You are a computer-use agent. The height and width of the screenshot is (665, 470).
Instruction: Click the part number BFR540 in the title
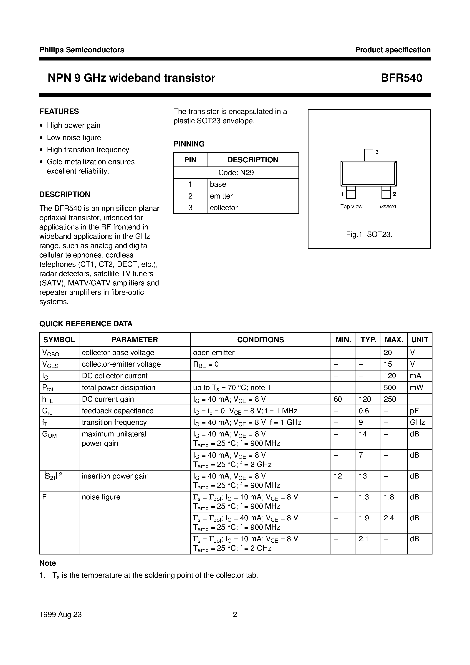click(x=401, y=78)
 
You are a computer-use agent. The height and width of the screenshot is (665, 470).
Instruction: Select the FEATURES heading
click(x=59, y=111)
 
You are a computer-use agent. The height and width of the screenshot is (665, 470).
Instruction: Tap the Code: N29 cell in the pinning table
click(x=236, y=173)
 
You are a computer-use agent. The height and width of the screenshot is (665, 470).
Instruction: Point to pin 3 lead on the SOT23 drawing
click(x=368, y=155)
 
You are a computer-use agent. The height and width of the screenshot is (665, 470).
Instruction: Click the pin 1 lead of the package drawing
click(x=351, y=192)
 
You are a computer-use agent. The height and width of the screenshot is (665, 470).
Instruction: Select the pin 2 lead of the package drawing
click(x=386, y=192)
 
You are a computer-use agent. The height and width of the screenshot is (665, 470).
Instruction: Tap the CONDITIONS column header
click(x=260, y=340)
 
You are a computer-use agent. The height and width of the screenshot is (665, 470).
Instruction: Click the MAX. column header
click(x=394, y=340)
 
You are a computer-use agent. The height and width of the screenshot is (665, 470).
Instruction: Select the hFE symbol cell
click(x=48, y=399)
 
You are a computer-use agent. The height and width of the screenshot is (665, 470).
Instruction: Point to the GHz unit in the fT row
click(x=417, y=422)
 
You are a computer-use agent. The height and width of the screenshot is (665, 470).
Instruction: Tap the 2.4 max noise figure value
click(x=389, y=518)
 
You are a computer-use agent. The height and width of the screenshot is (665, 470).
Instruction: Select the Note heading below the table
click(x=48, y=563)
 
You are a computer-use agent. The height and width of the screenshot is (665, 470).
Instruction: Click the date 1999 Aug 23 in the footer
click(x=60, y=615)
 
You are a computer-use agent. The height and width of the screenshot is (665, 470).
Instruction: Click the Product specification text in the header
click(x=393, y=50)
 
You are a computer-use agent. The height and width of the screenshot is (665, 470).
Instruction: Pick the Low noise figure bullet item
click(x=74, y=138)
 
